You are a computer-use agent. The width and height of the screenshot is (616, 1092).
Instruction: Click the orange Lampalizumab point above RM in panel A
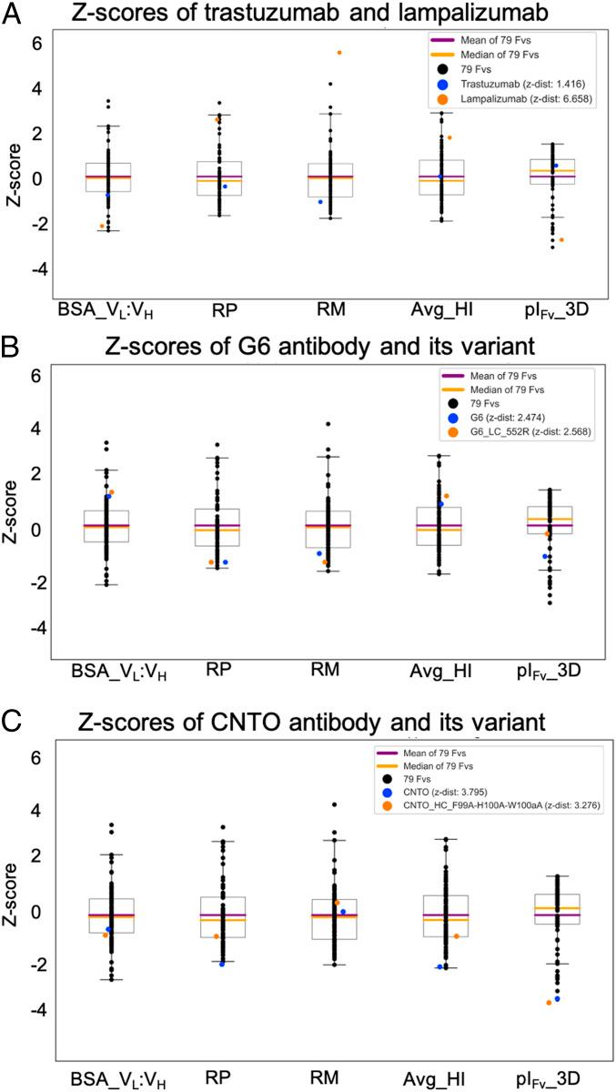(x=339, y=53)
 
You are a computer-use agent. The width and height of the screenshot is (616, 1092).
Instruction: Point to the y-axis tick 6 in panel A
(x=40, y=42)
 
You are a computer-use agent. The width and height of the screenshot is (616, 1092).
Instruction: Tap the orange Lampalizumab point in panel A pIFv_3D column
(x=561, y=239)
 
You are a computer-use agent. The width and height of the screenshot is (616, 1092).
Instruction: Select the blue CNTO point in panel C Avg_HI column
(x=440, y=966)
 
